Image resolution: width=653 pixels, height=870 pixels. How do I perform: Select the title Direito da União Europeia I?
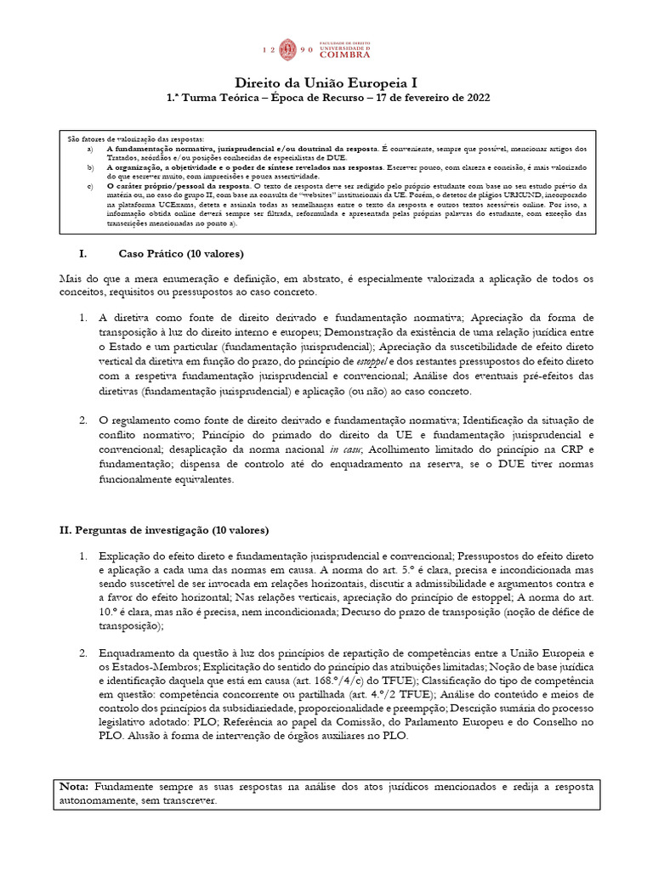pyautogui.click(x=326, y=82)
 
